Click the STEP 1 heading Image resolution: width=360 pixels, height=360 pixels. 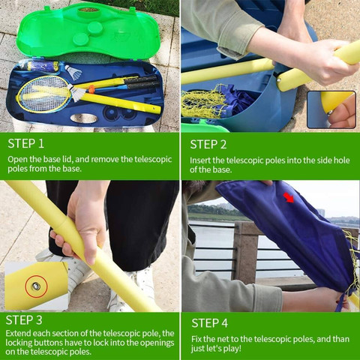[25, 143]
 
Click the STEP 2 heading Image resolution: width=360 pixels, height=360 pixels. [208, 145]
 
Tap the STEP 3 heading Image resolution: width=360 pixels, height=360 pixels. [24, 320]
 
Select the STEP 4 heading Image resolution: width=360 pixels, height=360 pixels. [210, 323]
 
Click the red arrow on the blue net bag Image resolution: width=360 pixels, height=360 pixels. [289, 197]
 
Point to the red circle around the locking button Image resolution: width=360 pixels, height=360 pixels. [36, 286]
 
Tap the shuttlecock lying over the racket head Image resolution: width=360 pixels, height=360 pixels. [76, 93]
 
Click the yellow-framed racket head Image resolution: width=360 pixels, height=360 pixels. [43, 94]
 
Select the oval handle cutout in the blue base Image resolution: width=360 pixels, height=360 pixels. [83, 118]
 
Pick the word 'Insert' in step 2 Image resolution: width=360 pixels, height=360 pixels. [200, 160]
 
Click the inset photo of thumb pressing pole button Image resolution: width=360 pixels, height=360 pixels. [331, 109]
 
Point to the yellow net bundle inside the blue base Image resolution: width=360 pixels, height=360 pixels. [202, 103]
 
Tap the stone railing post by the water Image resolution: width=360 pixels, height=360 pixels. [246, 253]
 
